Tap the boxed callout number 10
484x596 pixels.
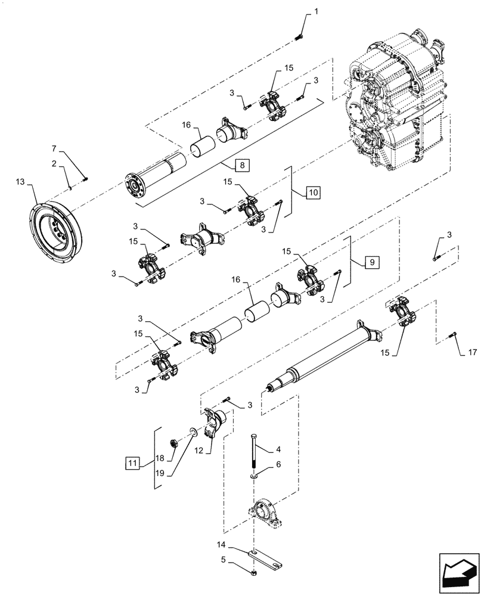(x=314, y=192)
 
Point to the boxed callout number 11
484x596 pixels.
(x=134, y=462)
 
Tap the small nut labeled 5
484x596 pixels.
(x=255, y=574)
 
